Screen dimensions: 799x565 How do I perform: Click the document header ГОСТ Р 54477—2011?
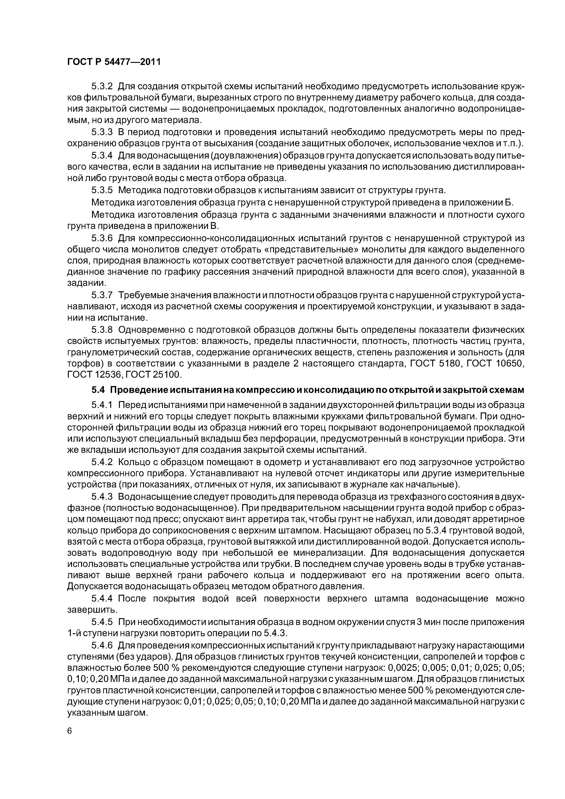114,62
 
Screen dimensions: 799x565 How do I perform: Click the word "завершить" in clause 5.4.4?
92,610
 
